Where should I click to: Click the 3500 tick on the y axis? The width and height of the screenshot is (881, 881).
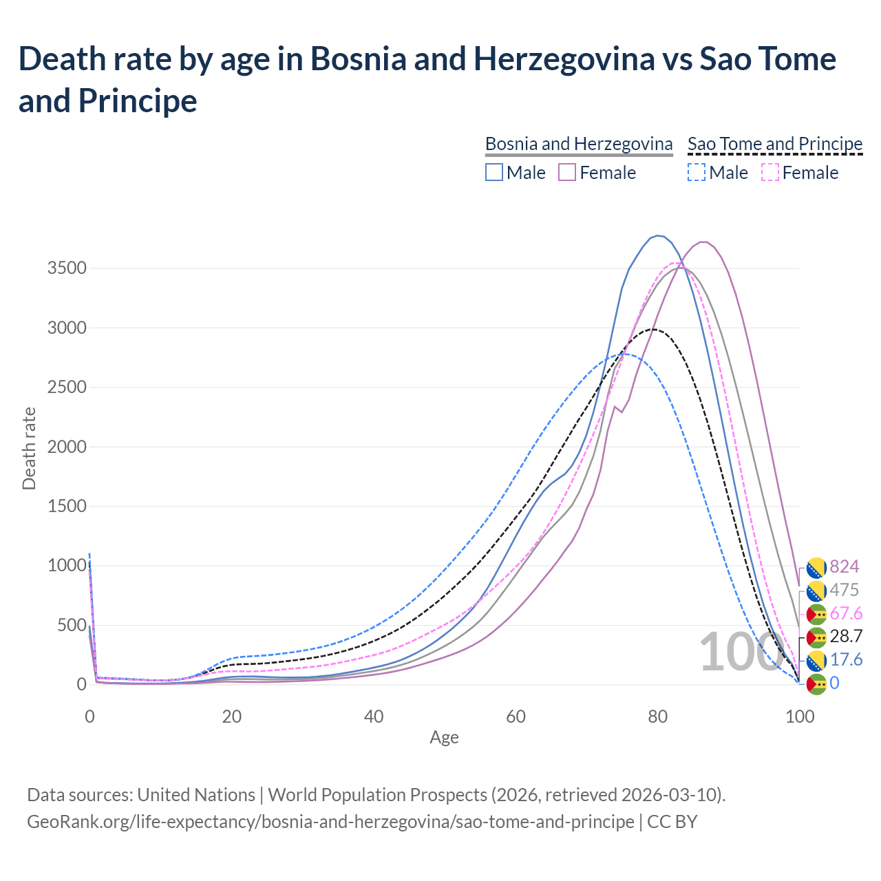pyautogui.click(x=67, y=268)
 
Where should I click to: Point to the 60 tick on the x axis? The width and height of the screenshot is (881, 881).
pyautogui.click(x=516, y=717)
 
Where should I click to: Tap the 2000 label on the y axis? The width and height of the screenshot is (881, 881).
pyautogui.click(x=67, y=447)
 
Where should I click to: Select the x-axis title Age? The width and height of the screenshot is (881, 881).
pyautogui.click(x=444, y=738)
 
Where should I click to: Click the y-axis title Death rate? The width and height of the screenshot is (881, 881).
pyautogui.click(x=29, y=449)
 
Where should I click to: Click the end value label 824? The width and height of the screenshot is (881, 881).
pyautogui.click(x=845, y=566)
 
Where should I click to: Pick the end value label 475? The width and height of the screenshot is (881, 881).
pyautogui.click(x=845, y=590)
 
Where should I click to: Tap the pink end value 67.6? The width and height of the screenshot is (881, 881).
pyautogui.click(x=846, y=613)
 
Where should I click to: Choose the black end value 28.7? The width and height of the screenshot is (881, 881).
pyautogui.click(x=846, y=637)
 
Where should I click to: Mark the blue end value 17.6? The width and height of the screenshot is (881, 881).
pyautogui.click(x=846, y=660)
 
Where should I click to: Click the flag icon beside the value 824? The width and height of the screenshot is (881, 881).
pyautogui.click(x=816, y=567)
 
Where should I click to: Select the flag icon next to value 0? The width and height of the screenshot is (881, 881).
pyautogui.click(x=816, y=683)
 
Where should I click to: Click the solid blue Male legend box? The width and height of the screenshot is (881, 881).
pyautogui.click(x=493, y=172)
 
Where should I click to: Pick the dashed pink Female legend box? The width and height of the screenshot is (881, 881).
pyautogui.click(x=769, y=172)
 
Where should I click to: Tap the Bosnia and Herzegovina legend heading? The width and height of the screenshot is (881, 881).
pyautogui.click(x=579, y=144)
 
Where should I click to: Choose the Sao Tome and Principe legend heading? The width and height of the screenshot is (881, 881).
pyautogui.click(x=775, y=144)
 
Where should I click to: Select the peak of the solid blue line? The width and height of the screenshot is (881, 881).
pyautogui.click(x=659, y=235)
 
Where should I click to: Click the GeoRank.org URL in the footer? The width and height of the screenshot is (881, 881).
pyautogui.click(x=330, y=822)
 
